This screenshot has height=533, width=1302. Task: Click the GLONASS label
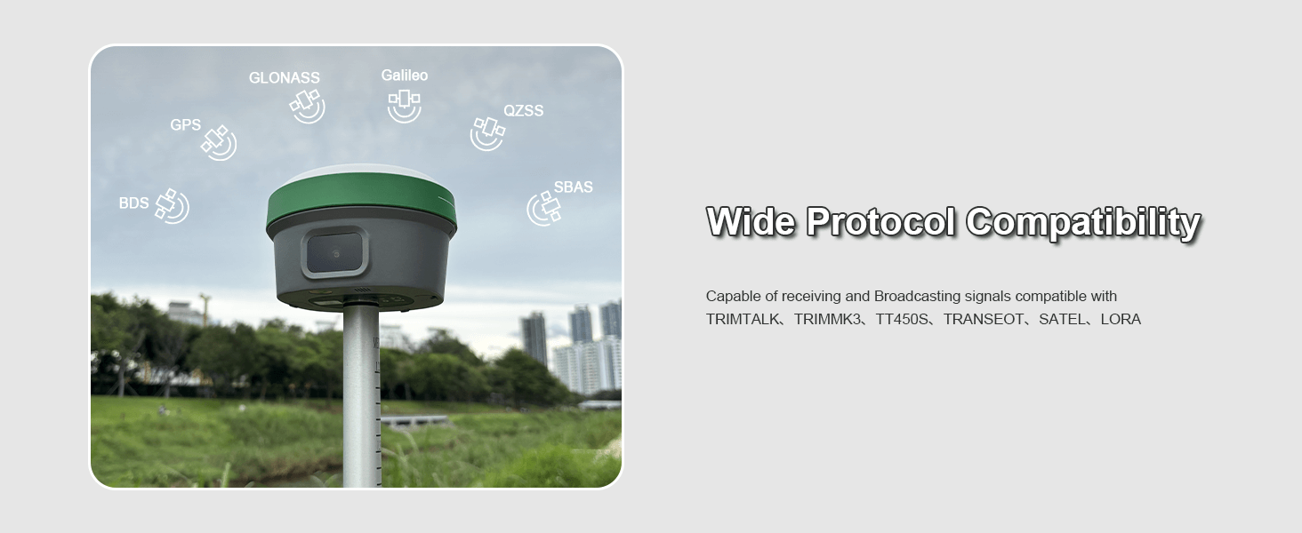tap(285, 78)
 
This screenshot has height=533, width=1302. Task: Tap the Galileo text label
tap(405, 76)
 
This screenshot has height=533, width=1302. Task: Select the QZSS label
tap(524, 111)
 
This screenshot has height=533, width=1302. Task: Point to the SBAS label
tap(573, 187)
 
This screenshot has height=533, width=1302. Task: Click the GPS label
tap(185, 125)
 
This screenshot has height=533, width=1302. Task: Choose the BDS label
tap(133, 203)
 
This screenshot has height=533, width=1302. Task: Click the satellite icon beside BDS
tap(172, 206)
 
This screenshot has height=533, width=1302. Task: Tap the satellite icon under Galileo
tap(404, 106)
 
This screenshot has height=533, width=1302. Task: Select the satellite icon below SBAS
tap(544, 209)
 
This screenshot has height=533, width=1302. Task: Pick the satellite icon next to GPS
tap(219, 143)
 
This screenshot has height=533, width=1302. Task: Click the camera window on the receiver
tap(334, 253)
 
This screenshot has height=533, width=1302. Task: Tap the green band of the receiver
tap(362, 200)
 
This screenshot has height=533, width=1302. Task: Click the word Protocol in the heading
tap(880, 222)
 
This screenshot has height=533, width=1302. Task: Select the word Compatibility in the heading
tap(1083, 223)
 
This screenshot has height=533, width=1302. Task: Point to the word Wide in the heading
tap(751, 221)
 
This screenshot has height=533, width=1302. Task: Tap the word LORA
tap(1121, 319)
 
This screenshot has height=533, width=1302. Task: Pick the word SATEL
tap(1061, 319)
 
